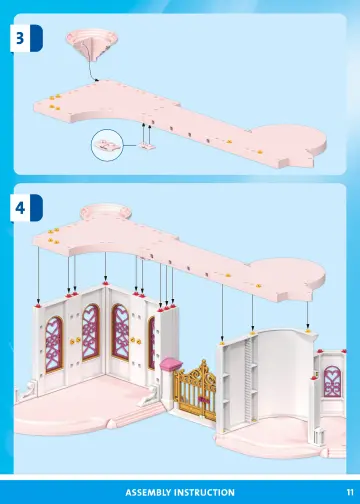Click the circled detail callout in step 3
105,146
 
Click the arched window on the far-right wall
331,382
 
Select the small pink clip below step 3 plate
149,144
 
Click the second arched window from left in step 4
88,329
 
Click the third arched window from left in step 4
121,332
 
